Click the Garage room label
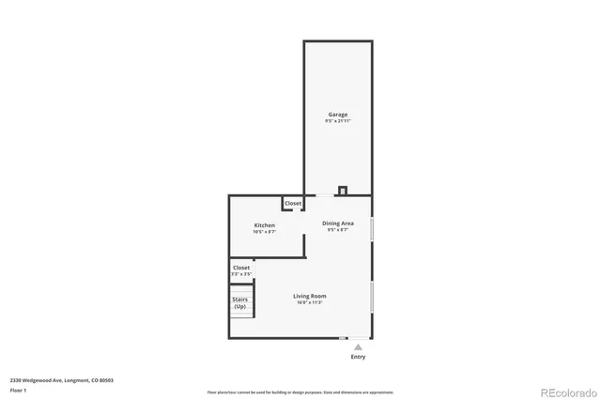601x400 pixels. click(337, 115)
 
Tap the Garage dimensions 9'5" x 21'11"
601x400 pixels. click(337, 121)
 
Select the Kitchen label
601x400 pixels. click(264, 225)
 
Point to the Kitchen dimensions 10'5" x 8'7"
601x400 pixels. click(264, 232)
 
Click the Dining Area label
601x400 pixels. click(338, 223)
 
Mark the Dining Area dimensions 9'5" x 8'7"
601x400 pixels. click(338, 230)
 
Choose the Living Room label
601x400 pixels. click(309, 296)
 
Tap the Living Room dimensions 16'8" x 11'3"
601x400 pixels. click(309, 302)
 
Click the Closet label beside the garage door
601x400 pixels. click(293, 203)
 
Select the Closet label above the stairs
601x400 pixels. click(241, 268)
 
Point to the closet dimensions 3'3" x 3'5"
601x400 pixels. click(241, 274)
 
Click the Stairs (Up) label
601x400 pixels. click(240, 303)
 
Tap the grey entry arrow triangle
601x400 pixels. click(358, 346)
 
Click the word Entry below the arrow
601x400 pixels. click(358, 357)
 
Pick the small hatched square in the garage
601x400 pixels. click(343, 190)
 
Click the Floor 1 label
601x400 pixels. click(18, 390)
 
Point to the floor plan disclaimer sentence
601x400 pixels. click(300, 392)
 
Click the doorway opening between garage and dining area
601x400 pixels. click(323, 195)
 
